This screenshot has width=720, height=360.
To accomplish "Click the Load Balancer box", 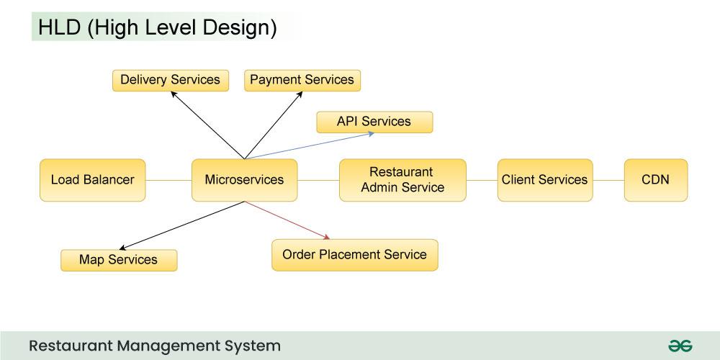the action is pos(93,180).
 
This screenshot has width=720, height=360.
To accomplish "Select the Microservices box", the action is pos(244,180).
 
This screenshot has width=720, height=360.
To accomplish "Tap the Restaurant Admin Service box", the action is pos(402,180).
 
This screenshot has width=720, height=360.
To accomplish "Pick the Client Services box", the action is pos(545,180).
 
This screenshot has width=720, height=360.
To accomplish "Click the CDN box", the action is pos(656,180).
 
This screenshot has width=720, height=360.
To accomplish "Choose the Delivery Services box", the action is pos(171,81).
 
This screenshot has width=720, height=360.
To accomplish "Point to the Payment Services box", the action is pos(302,81).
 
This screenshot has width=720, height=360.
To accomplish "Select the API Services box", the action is pos(374,122).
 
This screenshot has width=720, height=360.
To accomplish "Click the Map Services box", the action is pos(119,261).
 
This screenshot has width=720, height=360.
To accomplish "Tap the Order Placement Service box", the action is pos(354,255).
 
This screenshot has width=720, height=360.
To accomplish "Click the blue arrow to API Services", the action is pos(310,145).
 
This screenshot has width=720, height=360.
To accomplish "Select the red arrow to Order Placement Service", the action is pos(287,220).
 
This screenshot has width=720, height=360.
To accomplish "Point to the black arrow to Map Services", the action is pos(182,225).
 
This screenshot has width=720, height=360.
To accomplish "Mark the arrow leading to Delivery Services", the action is pos(207,125).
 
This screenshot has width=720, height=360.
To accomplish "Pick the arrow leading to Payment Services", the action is pos(274,125).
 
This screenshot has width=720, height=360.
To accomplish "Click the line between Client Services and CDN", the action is pos(608,180).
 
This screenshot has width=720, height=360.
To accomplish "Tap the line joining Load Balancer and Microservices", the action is pos(168,180).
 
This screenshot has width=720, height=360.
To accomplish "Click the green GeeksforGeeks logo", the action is pos(680,346).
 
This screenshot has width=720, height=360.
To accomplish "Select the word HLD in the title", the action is pos(59,27).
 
